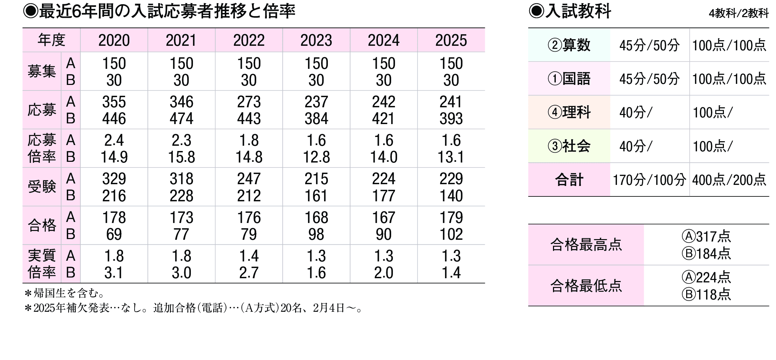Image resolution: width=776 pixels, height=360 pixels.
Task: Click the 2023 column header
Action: (316, 41)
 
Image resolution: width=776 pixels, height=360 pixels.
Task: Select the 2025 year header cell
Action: (451, 41)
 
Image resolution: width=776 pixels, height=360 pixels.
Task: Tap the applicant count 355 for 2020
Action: (114, 102)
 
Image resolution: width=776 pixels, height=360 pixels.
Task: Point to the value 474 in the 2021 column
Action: (181, 119)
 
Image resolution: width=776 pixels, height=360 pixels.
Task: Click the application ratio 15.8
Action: (181, 157)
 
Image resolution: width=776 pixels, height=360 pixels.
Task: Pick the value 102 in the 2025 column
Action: (451, 235)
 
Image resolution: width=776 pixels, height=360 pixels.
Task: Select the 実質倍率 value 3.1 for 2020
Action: (114, 273)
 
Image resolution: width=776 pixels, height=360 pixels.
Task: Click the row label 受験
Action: (42, 187)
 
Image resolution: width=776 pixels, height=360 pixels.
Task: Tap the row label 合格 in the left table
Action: (42, 225)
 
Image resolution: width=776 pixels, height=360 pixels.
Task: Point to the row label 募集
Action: (42, 72)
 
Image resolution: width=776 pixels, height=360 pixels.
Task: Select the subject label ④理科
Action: (569, 113)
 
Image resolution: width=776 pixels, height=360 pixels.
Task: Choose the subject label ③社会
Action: (569, 146)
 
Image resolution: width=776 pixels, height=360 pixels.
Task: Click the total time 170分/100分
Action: (649, 180)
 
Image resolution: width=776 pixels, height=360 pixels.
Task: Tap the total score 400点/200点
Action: (729, 180)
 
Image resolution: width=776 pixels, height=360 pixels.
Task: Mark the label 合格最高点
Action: (586, 245)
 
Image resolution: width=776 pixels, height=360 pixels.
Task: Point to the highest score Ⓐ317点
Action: (706, 237)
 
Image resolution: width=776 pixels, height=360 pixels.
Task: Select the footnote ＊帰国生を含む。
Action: (65, 293)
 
